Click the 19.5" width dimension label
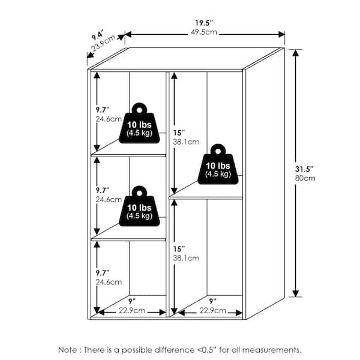[x=204, y=23]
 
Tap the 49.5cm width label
[x=204, y=32]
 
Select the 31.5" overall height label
[x=304, y=169]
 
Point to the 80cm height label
[x=305, y=178]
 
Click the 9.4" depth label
[x=98, y=35]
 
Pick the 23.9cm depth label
[x=103, y=43]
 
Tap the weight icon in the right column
[x=218, y=164]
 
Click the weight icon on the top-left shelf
[x=139, y=123]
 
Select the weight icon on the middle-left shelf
[x=139, y=206]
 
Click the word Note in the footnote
[x=68, y=350]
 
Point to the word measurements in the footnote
[x=272, y=350]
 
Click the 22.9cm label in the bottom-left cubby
[x=132, y=311]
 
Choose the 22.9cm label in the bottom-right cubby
[x=213, y=311]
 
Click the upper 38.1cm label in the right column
[x=186, y=142]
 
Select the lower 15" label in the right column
[x=179, y=249]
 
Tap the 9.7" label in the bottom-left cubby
[x=103, y=273]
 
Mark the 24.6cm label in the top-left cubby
[x=109, y=119]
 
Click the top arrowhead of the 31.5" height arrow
[x=296, y=53]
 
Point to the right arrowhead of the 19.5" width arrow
[x=281, y=34]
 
